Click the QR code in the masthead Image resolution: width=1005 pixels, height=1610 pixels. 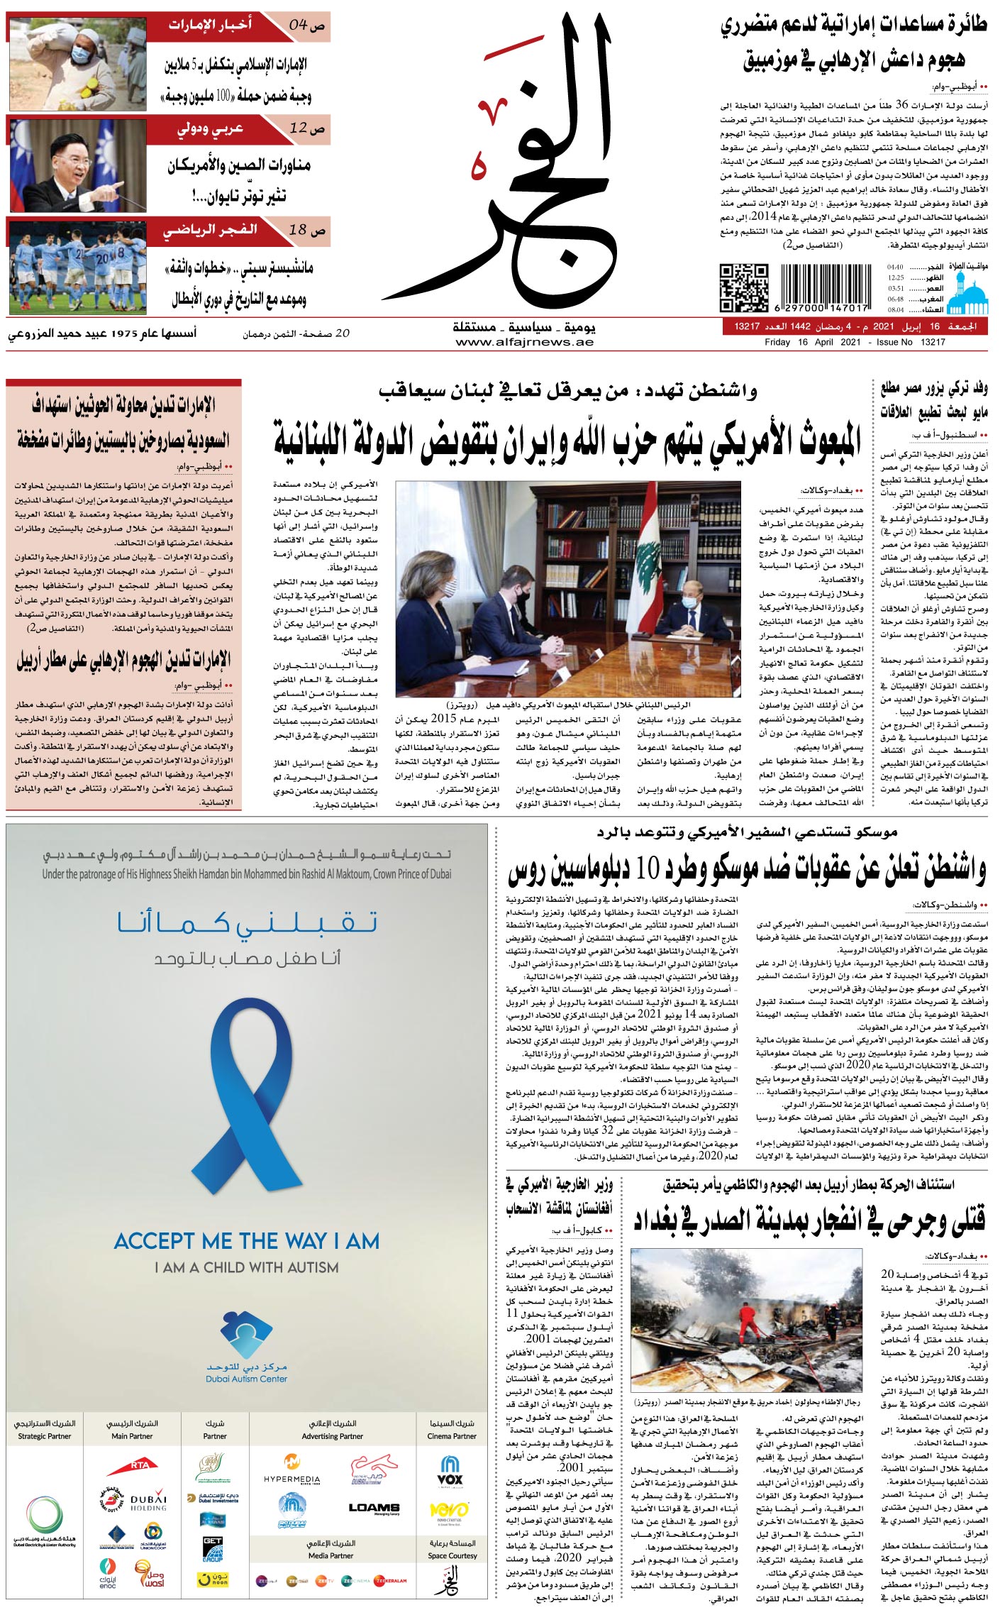pos(744,287)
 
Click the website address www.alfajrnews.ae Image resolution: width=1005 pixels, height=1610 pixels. pos(524,342)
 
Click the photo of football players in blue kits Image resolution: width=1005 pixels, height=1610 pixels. pos(77,266)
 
